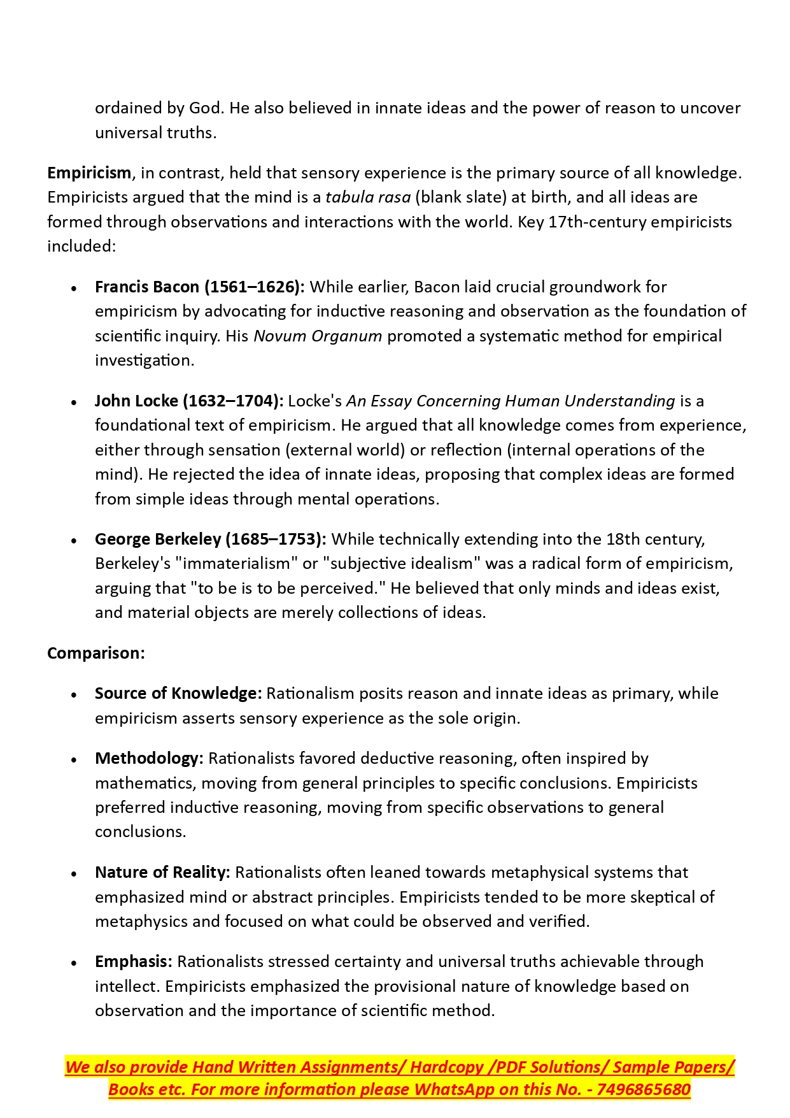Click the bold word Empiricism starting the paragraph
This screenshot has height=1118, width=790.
(89, 173)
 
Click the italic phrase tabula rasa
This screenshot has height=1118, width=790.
(368, 197)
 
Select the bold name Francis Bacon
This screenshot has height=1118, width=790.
(147, 287)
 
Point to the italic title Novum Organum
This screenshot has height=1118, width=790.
(318, 336)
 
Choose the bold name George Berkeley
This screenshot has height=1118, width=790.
(157, 540)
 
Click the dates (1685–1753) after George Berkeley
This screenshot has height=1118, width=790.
(276, 540)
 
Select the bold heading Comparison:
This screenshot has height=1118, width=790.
(96, 654)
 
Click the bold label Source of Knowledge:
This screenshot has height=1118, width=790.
(178, 694)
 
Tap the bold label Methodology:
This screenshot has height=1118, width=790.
(149, 759)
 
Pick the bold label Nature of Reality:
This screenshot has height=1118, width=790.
(162, 873)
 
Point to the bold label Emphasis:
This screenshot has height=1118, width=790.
(134, 962)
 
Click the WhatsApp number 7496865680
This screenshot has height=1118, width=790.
(644, 1090)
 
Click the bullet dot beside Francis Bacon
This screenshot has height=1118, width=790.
(74, 289)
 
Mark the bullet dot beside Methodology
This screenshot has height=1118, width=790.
(74, 760)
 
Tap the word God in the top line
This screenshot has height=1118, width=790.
(206, 108)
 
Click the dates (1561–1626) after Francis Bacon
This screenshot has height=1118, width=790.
(254, 287)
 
